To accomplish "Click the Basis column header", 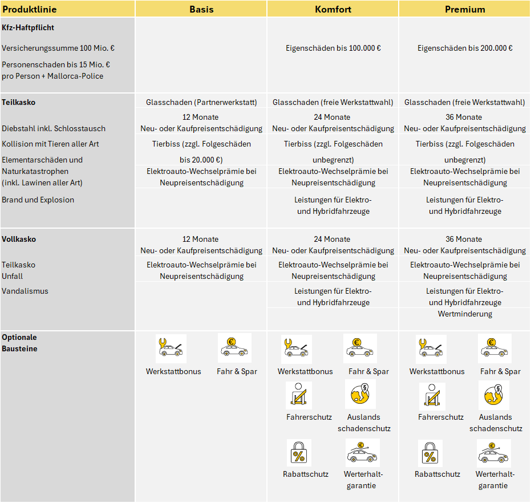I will [201, 9].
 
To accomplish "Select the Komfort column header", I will [333, 9].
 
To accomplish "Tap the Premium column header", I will [465, 9].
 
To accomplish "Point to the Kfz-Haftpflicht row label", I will [28, 27].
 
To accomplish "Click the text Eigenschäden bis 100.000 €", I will [333, 48].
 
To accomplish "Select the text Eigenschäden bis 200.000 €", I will [465, 48].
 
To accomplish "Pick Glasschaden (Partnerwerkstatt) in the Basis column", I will [201, 103].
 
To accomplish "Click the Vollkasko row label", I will [19, 239].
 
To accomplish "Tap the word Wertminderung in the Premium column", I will [465, 314].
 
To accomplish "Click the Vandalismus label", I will [25, 291].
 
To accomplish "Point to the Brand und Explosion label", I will [38, 200].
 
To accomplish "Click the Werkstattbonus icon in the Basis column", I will [171, 348].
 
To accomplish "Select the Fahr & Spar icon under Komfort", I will [360, 348].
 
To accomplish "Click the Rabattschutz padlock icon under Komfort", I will [299, 453].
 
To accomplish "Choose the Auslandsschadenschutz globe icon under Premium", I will [494, 395].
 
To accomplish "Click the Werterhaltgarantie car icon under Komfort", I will [363, 453].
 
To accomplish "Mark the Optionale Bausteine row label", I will [19, 343].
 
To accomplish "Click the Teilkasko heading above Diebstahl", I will [18, 103].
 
